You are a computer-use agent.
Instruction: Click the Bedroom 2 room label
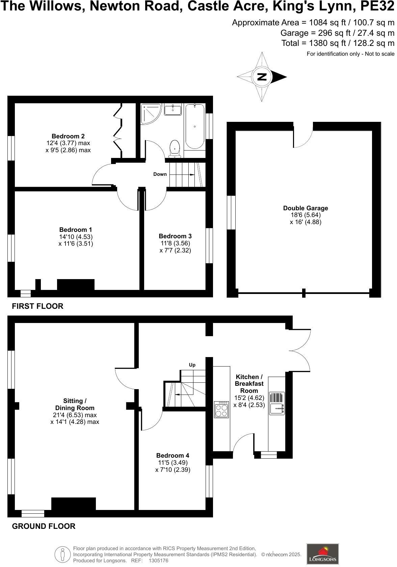pos(68,136)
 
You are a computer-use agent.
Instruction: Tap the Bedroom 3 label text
pos(175,236)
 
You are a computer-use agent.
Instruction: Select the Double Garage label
pos(306,208)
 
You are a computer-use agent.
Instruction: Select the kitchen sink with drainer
pos(277,403)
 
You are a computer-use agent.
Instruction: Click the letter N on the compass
pos(262,77)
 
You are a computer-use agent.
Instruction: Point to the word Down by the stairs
pos(160,174)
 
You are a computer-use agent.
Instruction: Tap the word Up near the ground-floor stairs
pos(192,365)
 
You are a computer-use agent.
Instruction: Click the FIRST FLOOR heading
pos(37,306)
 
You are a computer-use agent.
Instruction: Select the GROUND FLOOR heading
pos(44,526)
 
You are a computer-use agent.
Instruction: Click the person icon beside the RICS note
pos(62,554)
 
